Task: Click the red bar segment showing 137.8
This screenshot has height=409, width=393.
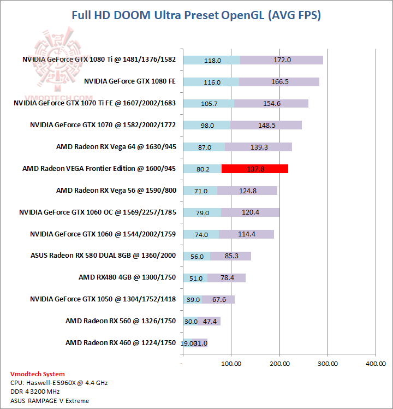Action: [254, 169]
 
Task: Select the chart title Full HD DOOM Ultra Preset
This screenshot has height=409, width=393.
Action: [196, 15]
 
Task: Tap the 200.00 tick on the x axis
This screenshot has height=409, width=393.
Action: [279, 363]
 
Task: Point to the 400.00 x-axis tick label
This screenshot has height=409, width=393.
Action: [375, 363]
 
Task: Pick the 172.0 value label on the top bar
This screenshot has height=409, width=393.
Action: [282, 60]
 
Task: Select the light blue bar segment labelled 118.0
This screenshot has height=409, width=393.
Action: [211, 60]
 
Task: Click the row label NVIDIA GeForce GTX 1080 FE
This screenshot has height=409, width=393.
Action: [130, 81]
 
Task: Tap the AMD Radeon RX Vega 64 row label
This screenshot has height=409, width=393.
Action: [116, 146]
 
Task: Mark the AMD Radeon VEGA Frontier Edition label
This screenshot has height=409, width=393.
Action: [99, 168]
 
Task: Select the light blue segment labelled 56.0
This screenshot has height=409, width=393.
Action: [196, 256]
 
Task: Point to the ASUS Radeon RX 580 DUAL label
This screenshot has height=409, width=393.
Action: [104, 255]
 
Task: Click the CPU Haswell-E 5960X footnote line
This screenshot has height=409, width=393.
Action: [59, 383]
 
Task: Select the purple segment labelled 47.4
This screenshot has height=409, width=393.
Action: [209, 321]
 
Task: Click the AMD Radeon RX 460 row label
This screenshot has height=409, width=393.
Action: [121, 342]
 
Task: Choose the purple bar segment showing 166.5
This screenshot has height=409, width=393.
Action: [279, 82]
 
